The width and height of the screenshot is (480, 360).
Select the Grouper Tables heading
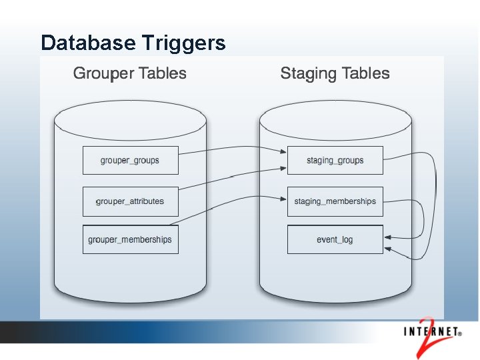click(130, 73)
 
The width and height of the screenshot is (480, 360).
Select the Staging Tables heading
click(335, 73)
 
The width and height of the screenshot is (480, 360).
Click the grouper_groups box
click(130, 160)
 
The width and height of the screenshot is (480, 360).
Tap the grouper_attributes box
click(130, 201)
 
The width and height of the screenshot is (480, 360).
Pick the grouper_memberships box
click(130, 240)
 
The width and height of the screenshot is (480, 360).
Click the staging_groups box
click(335, 160)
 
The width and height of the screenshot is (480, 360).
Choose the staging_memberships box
click(335, 201)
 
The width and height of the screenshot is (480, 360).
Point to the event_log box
click(335, 240)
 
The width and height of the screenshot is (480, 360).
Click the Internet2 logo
click(433, 331)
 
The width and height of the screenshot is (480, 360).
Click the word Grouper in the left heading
click(99, 73)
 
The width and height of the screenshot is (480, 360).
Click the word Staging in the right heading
click(305, 73)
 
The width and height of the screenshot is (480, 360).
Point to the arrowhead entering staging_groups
click(283, 156)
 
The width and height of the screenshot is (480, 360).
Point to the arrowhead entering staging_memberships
click(283, 197)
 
